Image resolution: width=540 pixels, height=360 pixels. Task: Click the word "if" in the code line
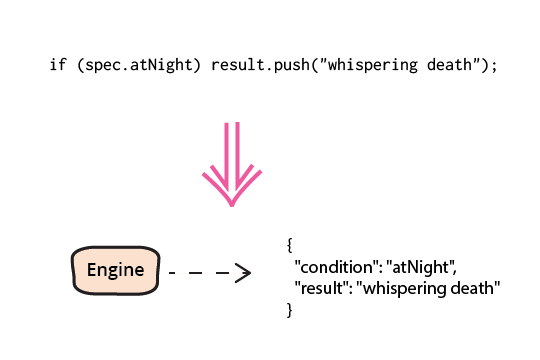[x=58, y=65]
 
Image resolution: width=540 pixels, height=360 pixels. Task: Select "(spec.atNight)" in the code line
[x=139, y=65]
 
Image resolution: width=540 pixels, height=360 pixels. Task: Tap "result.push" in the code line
[x=260, y=65]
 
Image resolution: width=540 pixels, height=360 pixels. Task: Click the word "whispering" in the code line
[x=373, y=65]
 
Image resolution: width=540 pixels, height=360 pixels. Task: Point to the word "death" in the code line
[x=449, y=65]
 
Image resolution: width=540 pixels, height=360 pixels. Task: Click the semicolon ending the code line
[x=495, y=66]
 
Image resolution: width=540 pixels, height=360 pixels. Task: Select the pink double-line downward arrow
[x=232, y=164]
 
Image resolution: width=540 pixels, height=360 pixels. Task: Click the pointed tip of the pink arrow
[x=232, y=206]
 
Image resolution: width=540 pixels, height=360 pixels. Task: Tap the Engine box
[x=115, y=270]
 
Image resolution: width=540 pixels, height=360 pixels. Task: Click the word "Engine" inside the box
[x=115, y=270]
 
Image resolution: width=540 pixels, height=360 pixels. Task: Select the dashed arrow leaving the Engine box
[x=210, y=273]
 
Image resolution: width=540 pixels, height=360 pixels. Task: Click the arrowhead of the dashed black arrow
[x=244, y=273]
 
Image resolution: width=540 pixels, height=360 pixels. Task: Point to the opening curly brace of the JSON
[x=290, y=245]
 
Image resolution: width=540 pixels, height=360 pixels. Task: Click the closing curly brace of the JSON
[x=290, y=310]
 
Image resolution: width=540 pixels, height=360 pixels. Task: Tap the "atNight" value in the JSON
[x=420, y=267]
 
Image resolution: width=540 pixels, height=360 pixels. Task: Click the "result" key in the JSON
[x=321, y=288]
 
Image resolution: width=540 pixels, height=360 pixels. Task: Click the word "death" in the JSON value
[x=472, y=288]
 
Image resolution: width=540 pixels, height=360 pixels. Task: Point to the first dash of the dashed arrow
[x=172, y=273]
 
